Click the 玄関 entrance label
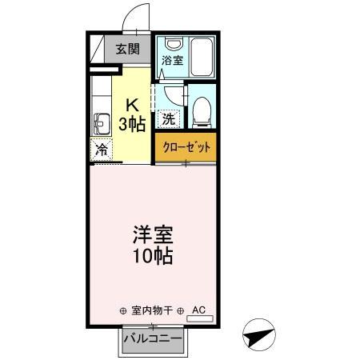pos(127,49)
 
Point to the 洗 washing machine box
pos(168,118)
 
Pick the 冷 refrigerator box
pos(102,149)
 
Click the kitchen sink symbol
pos(102,122)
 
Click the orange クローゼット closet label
pos(186,146)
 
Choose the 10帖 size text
pos(153,258)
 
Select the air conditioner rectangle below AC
pos(199,319)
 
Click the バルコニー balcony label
pos(152,340)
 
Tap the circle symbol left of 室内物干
pos(122,310)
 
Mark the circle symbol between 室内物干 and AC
pos(181,310)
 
